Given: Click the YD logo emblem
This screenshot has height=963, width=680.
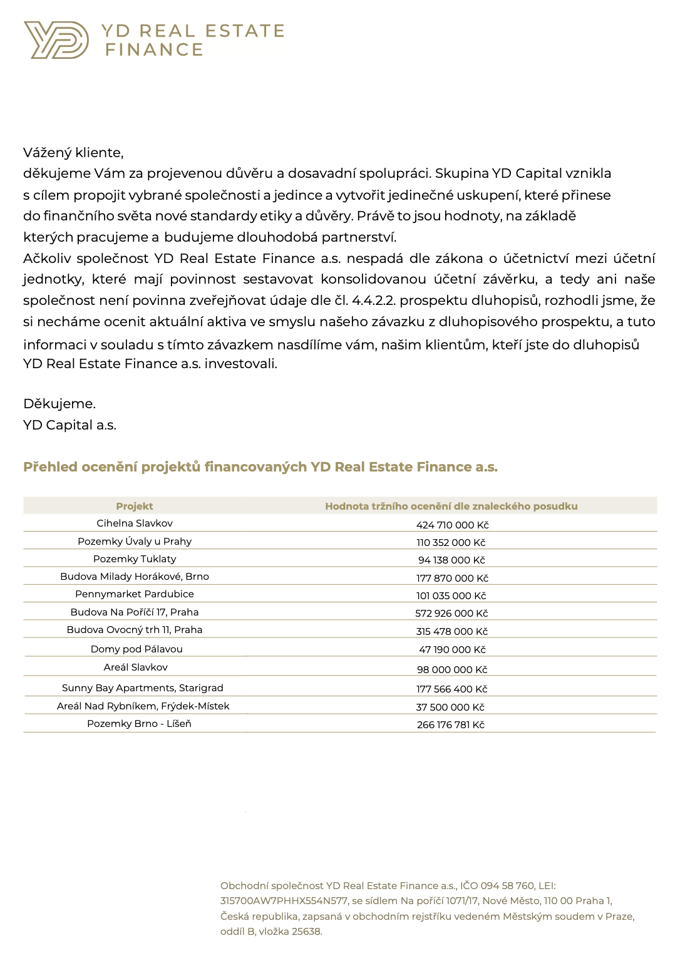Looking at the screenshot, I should click(x=56, y=40).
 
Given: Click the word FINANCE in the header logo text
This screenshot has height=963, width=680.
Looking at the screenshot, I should click(x=154, y=49).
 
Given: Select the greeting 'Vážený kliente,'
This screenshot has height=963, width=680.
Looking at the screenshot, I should click(x=73, y=153).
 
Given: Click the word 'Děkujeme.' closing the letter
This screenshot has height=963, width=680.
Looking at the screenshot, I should click(x=59, y=404).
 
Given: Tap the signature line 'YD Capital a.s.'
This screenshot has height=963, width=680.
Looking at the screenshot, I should click(x=70, y=425).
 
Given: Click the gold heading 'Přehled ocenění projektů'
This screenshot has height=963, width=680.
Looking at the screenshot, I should click(x=260, y=467).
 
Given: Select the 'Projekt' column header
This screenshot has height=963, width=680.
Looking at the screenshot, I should click(x=134, y=506).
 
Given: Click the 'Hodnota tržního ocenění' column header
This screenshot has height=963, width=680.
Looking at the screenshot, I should click(x=451, y=506).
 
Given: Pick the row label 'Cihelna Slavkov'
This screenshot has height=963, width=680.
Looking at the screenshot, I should click(x=134, y=523).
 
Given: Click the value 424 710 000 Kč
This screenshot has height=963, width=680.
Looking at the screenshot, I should click(x=452, y=525).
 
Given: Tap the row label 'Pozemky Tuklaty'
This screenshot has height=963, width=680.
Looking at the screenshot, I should click(x=134, y=559).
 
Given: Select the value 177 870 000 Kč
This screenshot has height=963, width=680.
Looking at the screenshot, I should click(x=452, y=578).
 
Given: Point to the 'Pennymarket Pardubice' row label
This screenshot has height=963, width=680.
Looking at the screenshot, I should click(x=134, y=594).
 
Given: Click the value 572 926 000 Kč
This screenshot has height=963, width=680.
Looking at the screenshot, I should click(x=451, y=614).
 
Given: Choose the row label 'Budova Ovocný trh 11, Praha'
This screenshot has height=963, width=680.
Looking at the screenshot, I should click(x=134, y=630).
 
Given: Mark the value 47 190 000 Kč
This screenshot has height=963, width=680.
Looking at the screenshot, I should click(x=452, y=650).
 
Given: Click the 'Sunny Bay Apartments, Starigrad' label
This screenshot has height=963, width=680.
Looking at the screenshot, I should click(x=142, y=688).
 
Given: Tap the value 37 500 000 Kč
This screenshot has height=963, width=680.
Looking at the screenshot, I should click(x=450, y=707).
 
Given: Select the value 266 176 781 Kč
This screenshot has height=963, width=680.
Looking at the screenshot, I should click(x=450, y=724).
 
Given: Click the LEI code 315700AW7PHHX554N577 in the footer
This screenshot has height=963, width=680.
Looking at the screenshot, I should click(x=284, y=901).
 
